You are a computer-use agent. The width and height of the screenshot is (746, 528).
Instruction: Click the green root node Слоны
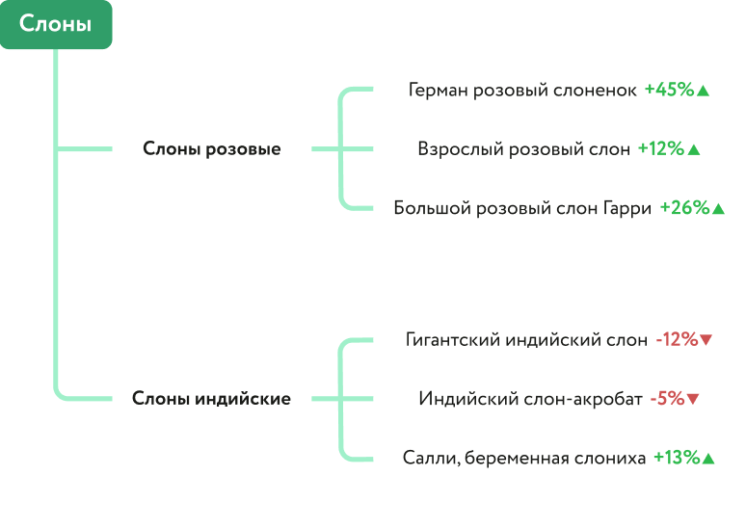(x=56, y=25)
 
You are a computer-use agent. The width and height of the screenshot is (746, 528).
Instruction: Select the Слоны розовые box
(x=212, y=149)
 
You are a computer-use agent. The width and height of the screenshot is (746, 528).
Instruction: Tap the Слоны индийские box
(x=212, y=399)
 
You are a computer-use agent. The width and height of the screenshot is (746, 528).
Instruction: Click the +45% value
(x=669, y=90)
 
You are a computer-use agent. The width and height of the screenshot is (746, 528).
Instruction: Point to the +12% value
(x=660, y=149)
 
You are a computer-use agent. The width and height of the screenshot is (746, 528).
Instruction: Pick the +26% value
(x=684, y=208)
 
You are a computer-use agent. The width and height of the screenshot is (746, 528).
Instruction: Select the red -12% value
(x=676, y=339)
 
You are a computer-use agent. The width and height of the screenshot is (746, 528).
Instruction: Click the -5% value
(x=666, y=399)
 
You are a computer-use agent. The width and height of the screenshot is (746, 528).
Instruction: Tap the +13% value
(x=676, y=459)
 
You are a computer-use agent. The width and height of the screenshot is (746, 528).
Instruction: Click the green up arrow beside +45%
(x=703, y=91)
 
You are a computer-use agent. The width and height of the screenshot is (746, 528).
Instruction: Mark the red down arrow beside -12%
(x=706, y=340)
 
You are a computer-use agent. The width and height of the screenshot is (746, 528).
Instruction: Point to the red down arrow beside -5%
(x=693, y=400)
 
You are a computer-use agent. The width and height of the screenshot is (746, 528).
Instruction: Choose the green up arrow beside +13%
(x=708, y=460)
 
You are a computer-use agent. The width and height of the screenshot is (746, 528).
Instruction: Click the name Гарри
(x=626, y=208)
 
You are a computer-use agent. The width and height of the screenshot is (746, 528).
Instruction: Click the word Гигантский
(x=451, y=339)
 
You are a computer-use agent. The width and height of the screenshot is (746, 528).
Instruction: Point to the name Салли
(x=429, y=459)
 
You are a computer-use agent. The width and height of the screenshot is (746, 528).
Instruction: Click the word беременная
(x=510, y=459)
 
